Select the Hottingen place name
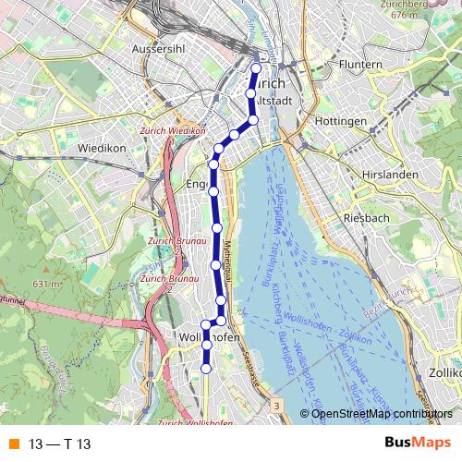point(339,122)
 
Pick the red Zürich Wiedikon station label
point(173,130)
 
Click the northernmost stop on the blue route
point(257,67)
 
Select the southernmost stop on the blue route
point(206,368)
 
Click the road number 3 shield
point(275,406)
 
